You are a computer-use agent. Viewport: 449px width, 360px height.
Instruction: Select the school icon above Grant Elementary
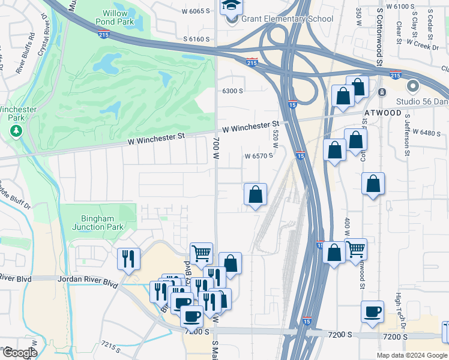click(231, 7)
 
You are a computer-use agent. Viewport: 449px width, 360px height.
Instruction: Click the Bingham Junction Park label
click(98, 223)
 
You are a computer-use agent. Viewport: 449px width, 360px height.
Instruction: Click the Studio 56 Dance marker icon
click(412, 86)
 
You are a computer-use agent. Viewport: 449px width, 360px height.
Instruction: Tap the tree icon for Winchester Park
click(17, 130)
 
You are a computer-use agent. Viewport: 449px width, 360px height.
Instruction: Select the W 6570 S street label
click(259, 155)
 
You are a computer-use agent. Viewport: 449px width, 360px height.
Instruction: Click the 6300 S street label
click(232, 91)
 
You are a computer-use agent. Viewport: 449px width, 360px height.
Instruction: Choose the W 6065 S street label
click(195, 11)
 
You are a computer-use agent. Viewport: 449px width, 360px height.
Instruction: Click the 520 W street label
click(276, 139)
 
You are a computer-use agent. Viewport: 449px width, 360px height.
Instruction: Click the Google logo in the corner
click(19, 353)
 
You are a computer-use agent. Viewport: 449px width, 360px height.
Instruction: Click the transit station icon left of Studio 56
click(382, 92)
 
